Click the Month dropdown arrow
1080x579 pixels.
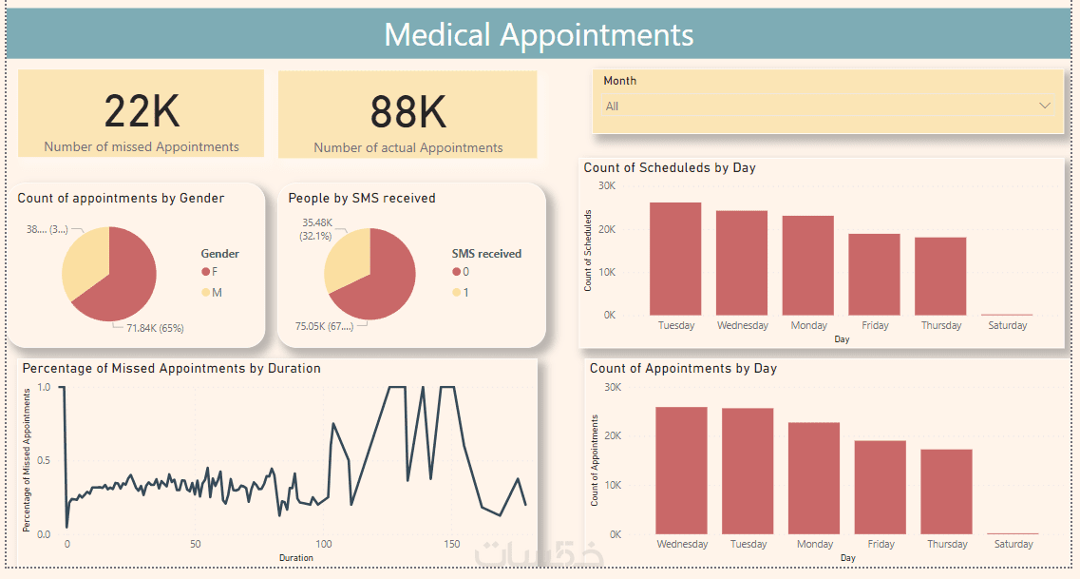[x=1045, y=106]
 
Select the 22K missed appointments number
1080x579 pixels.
[x=142, y=111]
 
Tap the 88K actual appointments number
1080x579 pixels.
[x=407, y=112]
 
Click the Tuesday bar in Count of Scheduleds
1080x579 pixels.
[x=675, y=259]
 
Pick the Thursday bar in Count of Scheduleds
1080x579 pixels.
[x=940, y=276]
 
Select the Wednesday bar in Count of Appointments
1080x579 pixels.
[x=681, y=471]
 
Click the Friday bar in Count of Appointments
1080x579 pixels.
[x=881, y=487]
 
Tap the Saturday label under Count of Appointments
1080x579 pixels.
[x=1014, y=544]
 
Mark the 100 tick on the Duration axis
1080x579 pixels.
[x=324, y=544]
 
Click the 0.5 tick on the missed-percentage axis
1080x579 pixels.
[x=44, y=461]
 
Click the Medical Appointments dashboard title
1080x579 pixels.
[x=539, y=34]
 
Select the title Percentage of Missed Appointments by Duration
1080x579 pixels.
[x=172, y=368]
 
